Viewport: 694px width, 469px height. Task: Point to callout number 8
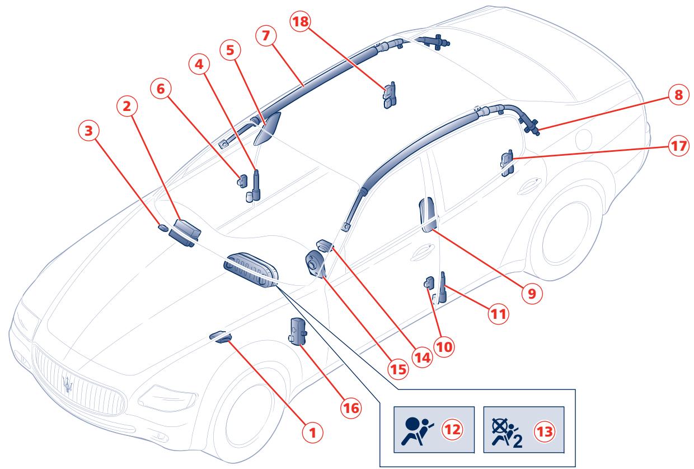point(678,95)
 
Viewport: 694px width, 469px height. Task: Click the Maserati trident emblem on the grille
point(68,386)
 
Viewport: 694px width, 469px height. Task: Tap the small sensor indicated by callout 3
point(162,228)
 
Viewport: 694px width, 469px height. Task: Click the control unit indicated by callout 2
point(185,231)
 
